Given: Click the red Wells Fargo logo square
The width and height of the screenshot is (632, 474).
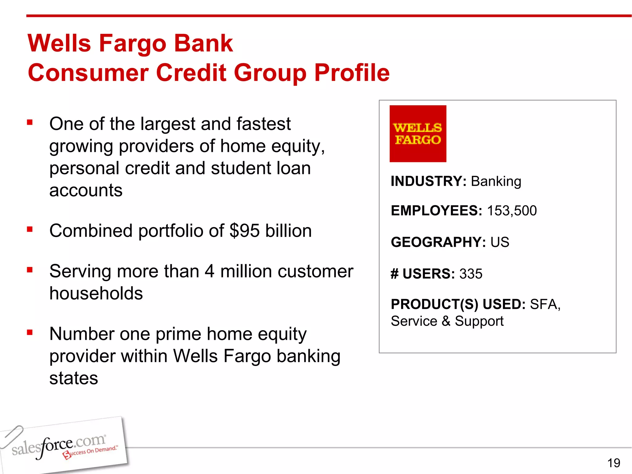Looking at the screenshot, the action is tap(418, 134).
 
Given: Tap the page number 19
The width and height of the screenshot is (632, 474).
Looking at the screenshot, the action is tap(613, 463).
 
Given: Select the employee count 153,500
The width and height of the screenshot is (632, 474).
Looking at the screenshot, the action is tap(512, 211).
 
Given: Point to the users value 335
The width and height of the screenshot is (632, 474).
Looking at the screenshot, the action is tap(471, 274).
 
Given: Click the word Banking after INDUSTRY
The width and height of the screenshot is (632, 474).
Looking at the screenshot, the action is tap(496, 181).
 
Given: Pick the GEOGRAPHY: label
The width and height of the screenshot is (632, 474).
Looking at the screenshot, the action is tap(438, 242).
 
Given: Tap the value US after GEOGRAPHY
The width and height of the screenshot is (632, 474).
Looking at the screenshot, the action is tap(500, 242).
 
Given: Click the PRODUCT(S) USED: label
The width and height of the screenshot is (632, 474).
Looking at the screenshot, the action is tap(458, 304).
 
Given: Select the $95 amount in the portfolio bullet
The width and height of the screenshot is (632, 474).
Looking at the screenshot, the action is tap(244, 231).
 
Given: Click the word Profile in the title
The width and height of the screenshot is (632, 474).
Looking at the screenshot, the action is tap(352, 73).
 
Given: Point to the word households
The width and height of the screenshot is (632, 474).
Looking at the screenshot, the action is tap(96, 293).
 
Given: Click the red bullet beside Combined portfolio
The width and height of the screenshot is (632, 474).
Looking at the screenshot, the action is tap(30, 229).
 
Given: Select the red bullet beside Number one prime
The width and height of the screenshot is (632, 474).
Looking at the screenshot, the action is tap(30, 333).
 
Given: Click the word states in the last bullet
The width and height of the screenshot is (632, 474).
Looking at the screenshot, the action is tap(74, 378).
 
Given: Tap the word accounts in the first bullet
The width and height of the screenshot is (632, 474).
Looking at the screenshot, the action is tap(86, 190).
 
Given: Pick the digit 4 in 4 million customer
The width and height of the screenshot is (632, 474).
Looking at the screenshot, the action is tap(209, 272).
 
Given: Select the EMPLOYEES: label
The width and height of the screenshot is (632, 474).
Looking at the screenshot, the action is tap(436, 211).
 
